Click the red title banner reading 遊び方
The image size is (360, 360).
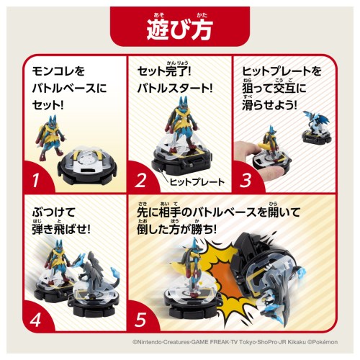[x=180, y=27]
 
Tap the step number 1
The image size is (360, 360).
[x=36, y=180]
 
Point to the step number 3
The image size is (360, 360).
[x=246, y=180]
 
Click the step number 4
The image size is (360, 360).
[x=35, y=320]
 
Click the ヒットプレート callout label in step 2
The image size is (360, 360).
[x=197, y=182]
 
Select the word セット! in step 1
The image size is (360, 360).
[x=48, y=105]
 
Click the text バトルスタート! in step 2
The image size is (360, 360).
[x=175, y=89]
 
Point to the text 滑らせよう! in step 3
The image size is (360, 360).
[x=269, y=105]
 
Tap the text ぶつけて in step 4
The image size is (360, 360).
[x=53, y=212]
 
